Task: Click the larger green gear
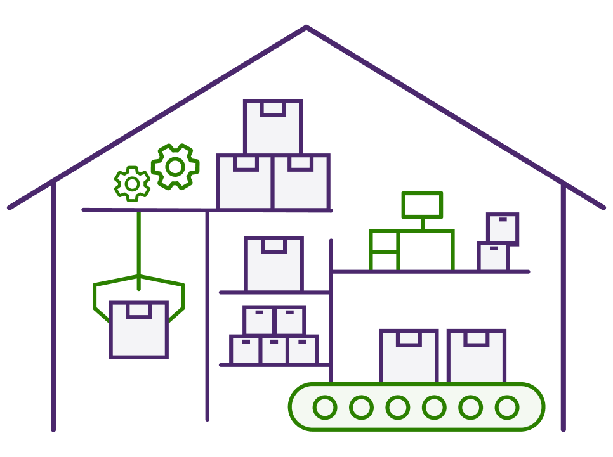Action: click(175, 167)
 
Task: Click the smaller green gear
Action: click(132, 184)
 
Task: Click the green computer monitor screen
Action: click(422, 205)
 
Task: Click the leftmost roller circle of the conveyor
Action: click(325, 407)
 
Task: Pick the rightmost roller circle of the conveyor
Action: click(506, 407)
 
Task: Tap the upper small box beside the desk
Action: click(503, 229)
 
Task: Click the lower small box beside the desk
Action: click(494, 257)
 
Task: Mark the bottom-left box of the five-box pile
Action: click(246, 351)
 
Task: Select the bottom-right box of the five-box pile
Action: click(302, 351)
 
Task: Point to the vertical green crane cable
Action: click(138, 247)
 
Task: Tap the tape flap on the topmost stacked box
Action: click(273, 108)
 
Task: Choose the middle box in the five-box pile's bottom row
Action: click(274, 351)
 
